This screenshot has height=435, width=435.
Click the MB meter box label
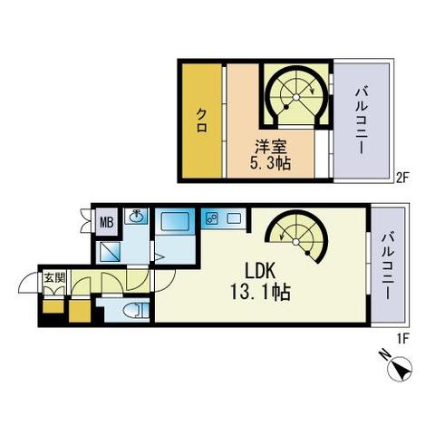point(107,223)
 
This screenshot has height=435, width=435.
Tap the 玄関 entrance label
point(54,277)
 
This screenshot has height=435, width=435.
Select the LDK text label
point(260,271)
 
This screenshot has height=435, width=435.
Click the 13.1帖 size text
point(260,292)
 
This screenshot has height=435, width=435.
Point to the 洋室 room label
point(270,148)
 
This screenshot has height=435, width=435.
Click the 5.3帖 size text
point(270,163)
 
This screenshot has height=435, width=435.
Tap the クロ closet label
point(202,121)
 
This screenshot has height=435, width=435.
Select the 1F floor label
point(402,339)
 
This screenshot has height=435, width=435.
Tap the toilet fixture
point(137,311)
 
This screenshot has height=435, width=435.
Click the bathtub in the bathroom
point(175,222)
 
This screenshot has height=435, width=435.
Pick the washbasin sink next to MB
point(136,216)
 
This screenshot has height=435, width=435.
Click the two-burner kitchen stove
point(210,218)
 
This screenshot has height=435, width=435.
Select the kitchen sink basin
point(234,218)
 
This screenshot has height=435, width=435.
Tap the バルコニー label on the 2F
point(362,121)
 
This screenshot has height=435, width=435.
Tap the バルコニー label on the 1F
point(388,266)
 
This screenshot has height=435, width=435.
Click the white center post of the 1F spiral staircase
point(296,242)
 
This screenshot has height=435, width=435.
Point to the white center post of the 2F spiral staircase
point(296,97)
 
